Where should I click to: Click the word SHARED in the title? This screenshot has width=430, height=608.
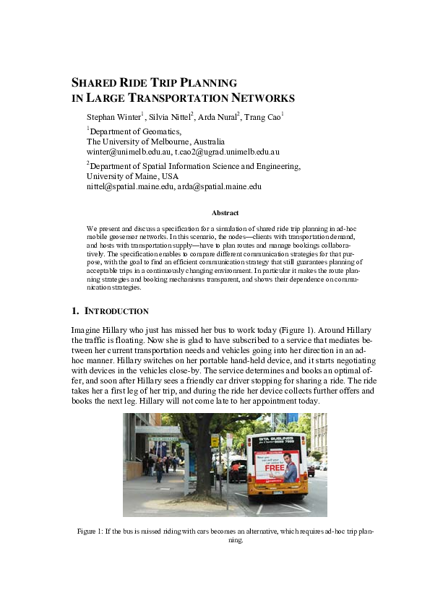click(93, 83)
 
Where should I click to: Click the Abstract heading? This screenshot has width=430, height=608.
click(225, 213)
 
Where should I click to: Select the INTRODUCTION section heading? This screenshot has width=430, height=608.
click(116, 311)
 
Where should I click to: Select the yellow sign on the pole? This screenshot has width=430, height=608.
click(215, 440)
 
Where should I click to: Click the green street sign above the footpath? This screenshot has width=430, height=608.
click(165, 438)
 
